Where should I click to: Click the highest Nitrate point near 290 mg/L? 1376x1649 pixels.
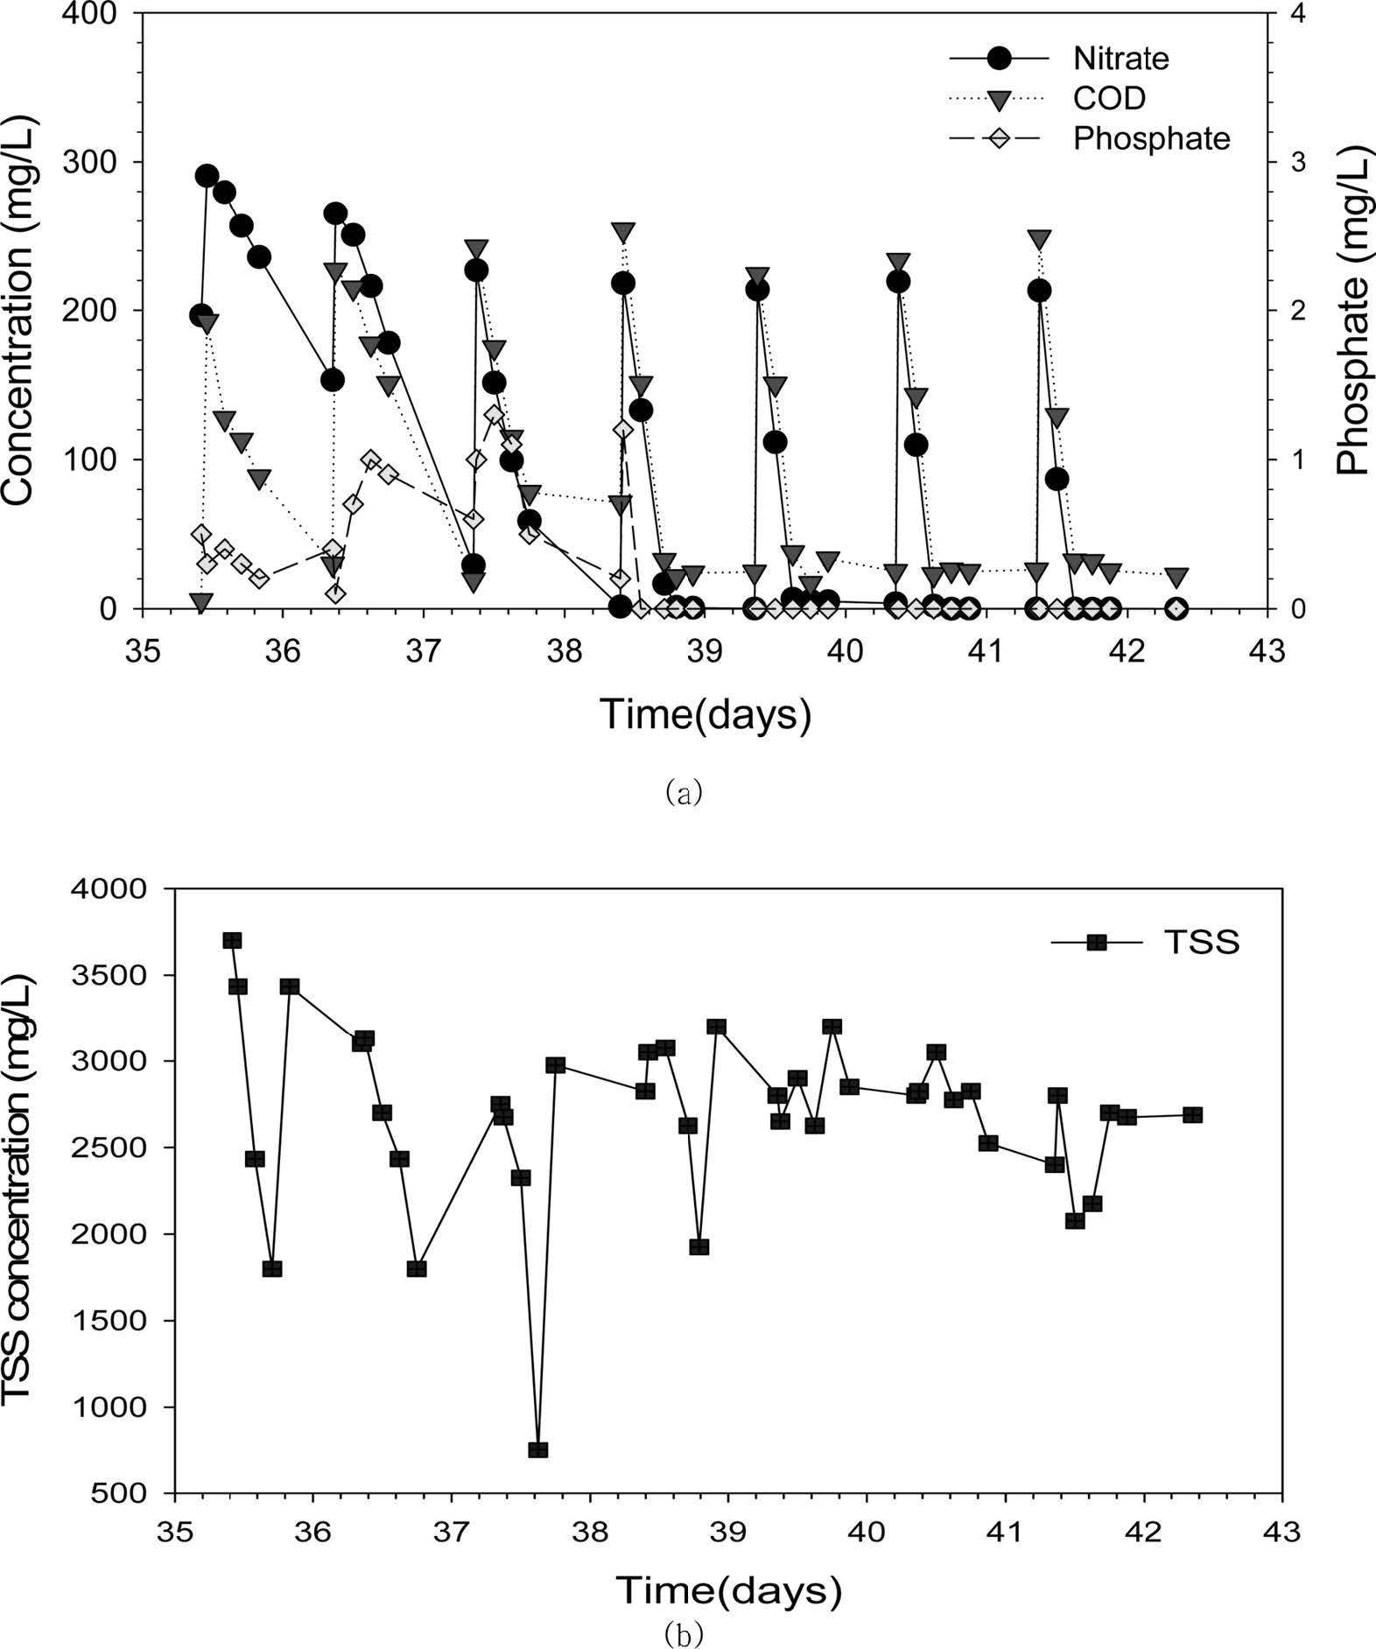click(x=207, y=176)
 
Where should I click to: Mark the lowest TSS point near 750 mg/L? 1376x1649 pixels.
click(x=538, y=1450)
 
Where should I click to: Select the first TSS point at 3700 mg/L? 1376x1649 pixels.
click(x=232, y=941)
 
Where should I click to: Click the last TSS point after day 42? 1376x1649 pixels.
click(x=1192, y=1115)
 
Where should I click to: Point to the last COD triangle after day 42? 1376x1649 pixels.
click(x=1177, y=577)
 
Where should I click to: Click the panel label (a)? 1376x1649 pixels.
click(x=684, y=793)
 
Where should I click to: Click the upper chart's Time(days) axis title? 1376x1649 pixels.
click(x=705, y=715)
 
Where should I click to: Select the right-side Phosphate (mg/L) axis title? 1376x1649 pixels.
click(x=1353, y=312)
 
